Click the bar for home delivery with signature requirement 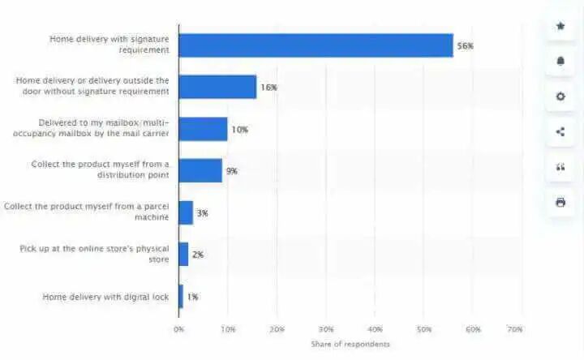316,45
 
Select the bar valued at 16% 217,87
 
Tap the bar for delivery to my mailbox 203,129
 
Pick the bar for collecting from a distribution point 200,171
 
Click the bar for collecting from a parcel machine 186,212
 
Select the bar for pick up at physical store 183,255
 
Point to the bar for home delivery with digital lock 181,297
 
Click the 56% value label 465,46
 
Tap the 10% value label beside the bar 239,130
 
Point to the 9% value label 232,171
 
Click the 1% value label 192,297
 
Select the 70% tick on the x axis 513,329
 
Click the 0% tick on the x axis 178,329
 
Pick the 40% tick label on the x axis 375,329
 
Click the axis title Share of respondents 350,345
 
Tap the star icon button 560,26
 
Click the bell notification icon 560,61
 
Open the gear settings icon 560,96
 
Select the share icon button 560,131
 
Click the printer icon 560,202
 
